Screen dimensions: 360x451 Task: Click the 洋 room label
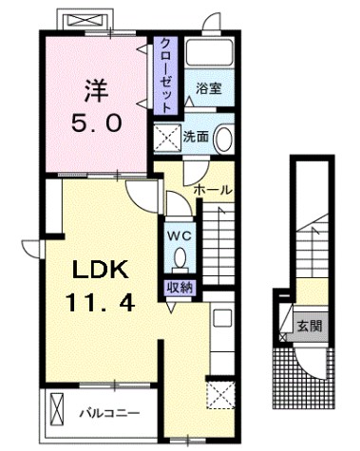pos(97,90)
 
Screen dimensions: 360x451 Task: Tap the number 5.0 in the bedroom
pos(96,123)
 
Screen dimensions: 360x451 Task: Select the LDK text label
pos(101,270)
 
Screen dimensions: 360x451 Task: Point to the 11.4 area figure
pos(100,302)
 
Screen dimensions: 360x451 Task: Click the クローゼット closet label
pos(165,76)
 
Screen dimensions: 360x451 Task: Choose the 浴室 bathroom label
pos(209,89)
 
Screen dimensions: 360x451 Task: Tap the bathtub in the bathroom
pos(210,52)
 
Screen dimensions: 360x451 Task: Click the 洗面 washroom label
pos(196,137)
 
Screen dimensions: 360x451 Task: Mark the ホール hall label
pos(213,190)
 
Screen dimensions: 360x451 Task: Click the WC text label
pos(180,235)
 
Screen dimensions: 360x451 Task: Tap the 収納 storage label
pos(180,288)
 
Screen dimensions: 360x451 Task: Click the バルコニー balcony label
pos(109,413)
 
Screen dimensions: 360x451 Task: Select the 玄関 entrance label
pos(310,326)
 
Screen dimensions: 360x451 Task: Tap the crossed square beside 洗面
pos(167,138)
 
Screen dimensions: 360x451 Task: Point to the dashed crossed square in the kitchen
pos(220,395)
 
